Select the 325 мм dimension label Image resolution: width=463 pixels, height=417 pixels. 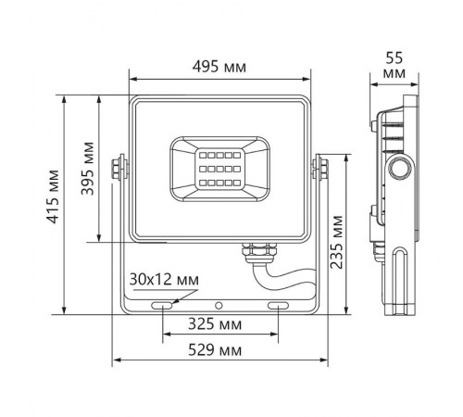click(x=221, y=325)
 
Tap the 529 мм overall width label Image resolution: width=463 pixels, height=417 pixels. click(x=221, y=350)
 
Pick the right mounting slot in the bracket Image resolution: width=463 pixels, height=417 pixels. click(x=279, y=304)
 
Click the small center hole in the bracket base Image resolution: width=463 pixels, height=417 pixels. click(x=220, y=304)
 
